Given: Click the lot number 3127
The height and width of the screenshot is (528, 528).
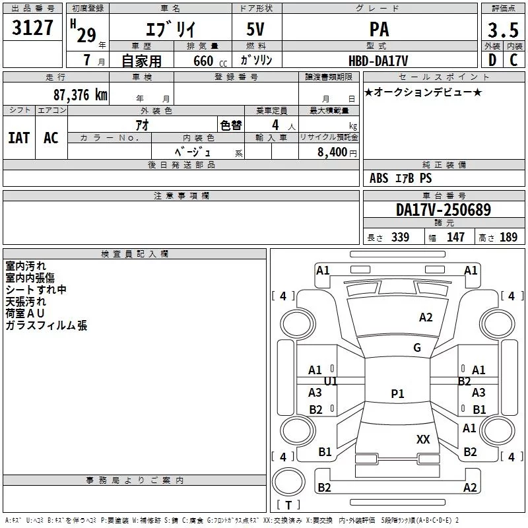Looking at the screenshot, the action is (32, 28).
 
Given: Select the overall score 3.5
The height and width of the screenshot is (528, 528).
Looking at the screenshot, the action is (503, 30).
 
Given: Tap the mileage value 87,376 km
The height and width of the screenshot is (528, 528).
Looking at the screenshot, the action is (80, 95).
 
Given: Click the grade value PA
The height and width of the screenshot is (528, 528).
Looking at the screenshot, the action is (379, 29).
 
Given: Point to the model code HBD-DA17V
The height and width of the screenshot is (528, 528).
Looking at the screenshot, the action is (378, 61).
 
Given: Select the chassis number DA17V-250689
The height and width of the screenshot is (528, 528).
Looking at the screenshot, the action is (444, 210).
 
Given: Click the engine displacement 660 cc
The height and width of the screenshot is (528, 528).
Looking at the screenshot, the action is (210, 61).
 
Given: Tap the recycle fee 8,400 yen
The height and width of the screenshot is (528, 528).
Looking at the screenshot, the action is (337, 152).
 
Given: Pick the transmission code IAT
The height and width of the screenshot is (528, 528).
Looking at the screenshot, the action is (19, 138).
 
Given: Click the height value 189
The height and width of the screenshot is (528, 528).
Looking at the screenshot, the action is (508, 237).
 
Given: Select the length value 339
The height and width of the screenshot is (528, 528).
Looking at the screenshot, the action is (400, 237).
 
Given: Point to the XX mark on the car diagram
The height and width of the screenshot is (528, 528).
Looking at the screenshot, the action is (423, 439).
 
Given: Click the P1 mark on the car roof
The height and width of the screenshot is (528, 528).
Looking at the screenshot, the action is (397, 393).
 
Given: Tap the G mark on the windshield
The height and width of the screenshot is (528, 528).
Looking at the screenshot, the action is (417, 347).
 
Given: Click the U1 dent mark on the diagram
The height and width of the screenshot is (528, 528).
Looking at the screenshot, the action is (331, 381).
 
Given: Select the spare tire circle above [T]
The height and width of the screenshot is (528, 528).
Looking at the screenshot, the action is (288, 481).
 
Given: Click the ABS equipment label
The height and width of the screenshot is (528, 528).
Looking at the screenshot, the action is (379, 178).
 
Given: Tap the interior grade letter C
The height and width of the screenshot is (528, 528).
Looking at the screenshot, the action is (513, 60).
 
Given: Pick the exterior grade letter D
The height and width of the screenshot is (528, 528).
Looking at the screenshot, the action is (492, 60).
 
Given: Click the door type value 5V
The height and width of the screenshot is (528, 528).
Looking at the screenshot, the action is (255, 29).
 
